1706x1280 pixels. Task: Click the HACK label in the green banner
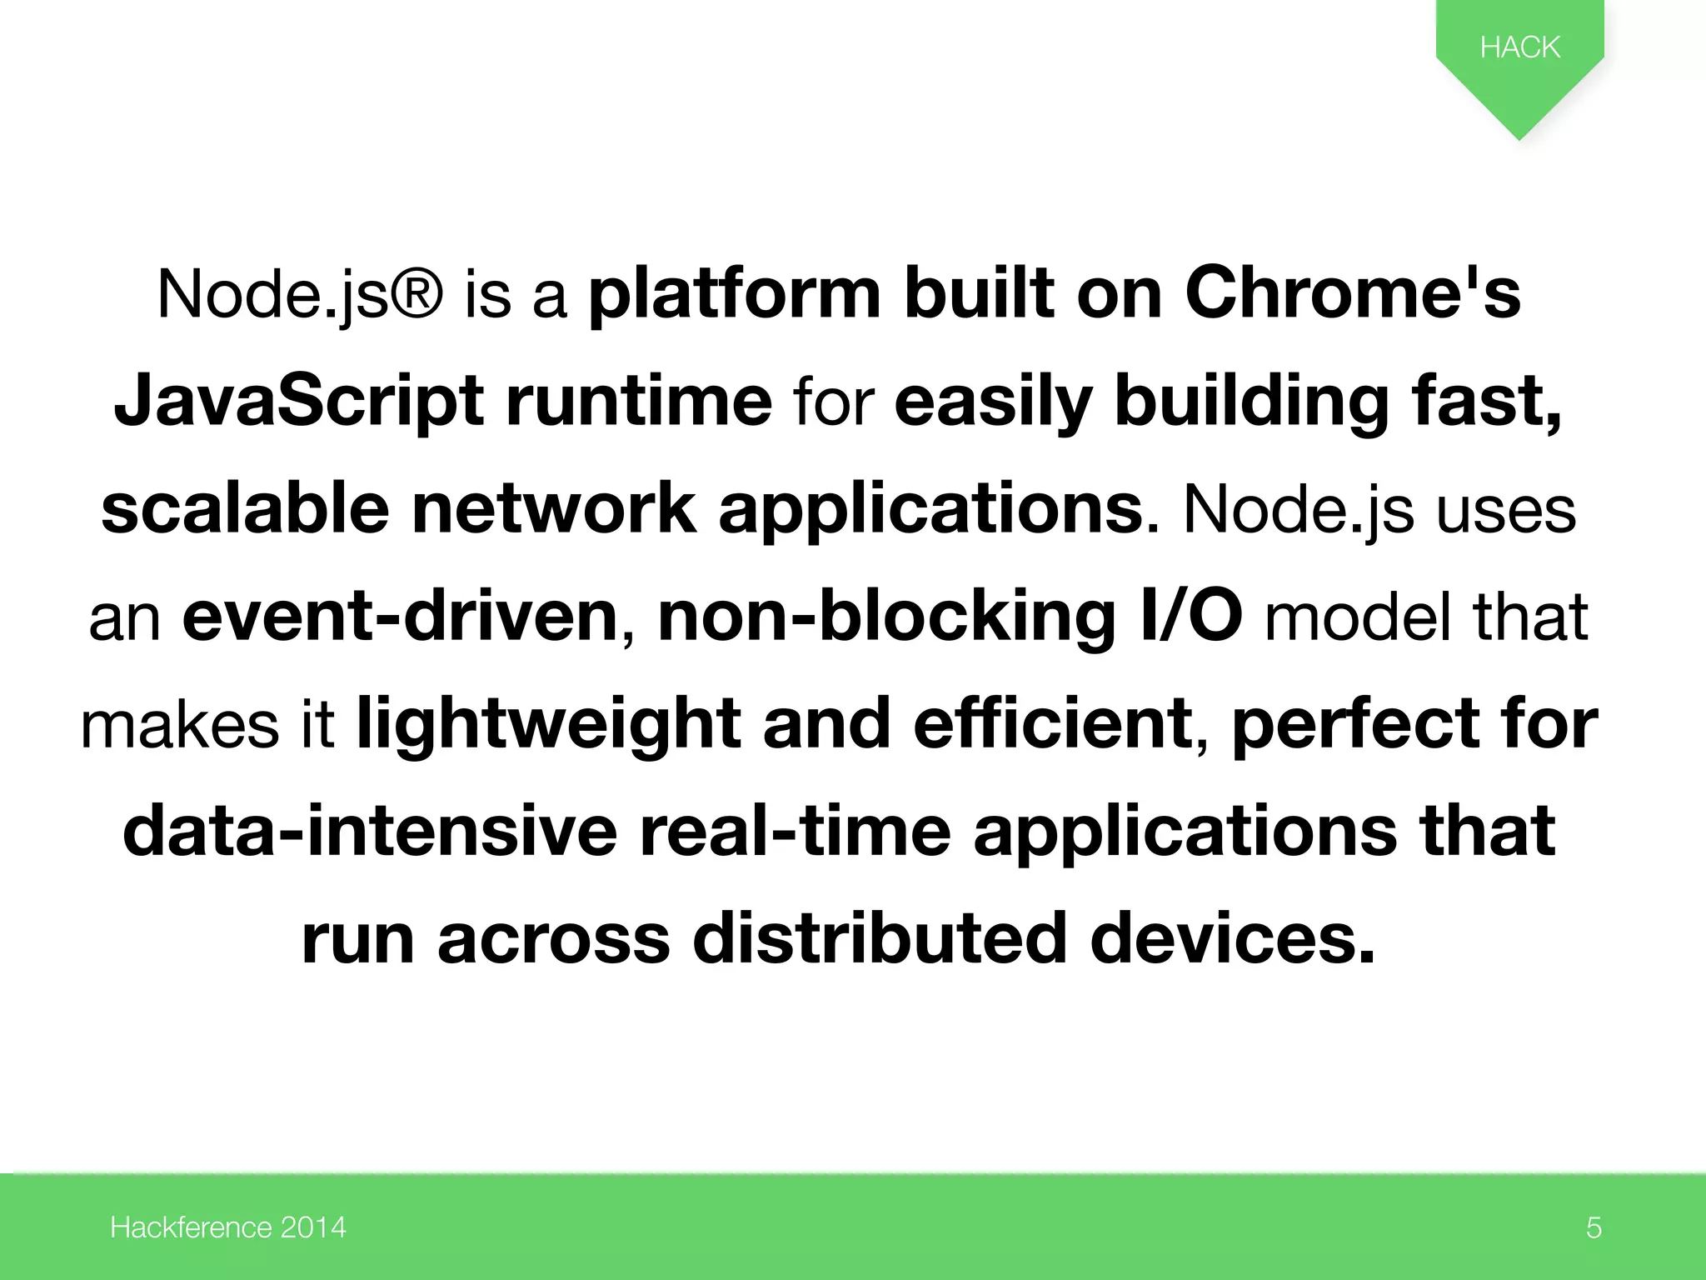click(1519, 47)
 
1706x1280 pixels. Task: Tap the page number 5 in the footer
click(1594, 1227)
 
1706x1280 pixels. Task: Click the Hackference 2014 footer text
click(227, 1227)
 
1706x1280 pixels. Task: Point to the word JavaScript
click(298, 402)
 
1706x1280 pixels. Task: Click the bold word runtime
click(639, 402)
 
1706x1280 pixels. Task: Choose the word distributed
click(880, 938)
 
